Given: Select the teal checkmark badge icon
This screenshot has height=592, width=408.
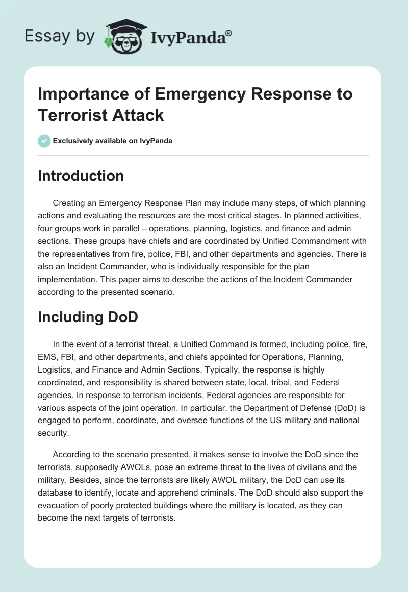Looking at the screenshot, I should tap(44, 141).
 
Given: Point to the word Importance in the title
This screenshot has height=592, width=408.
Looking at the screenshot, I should tap(82, 94).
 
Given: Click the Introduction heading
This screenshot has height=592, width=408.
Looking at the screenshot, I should tap(81, 176).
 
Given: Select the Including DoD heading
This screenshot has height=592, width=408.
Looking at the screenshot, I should tap(88, 316).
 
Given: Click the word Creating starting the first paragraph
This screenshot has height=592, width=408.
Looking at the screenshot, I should tap(70, 203).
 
